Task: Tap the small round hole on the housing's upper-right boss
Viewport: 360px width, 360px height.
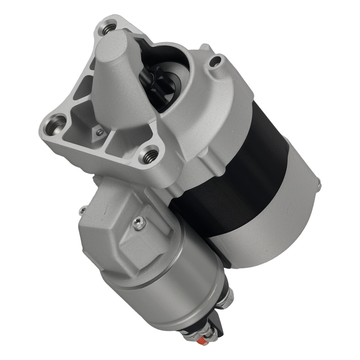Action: tap(216, 62)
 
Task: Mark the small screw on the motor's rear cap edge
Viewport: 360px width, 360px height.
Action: tap(319, 185)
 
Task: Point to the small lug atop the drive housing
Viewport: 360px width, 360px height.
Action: tap(205, 47)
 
